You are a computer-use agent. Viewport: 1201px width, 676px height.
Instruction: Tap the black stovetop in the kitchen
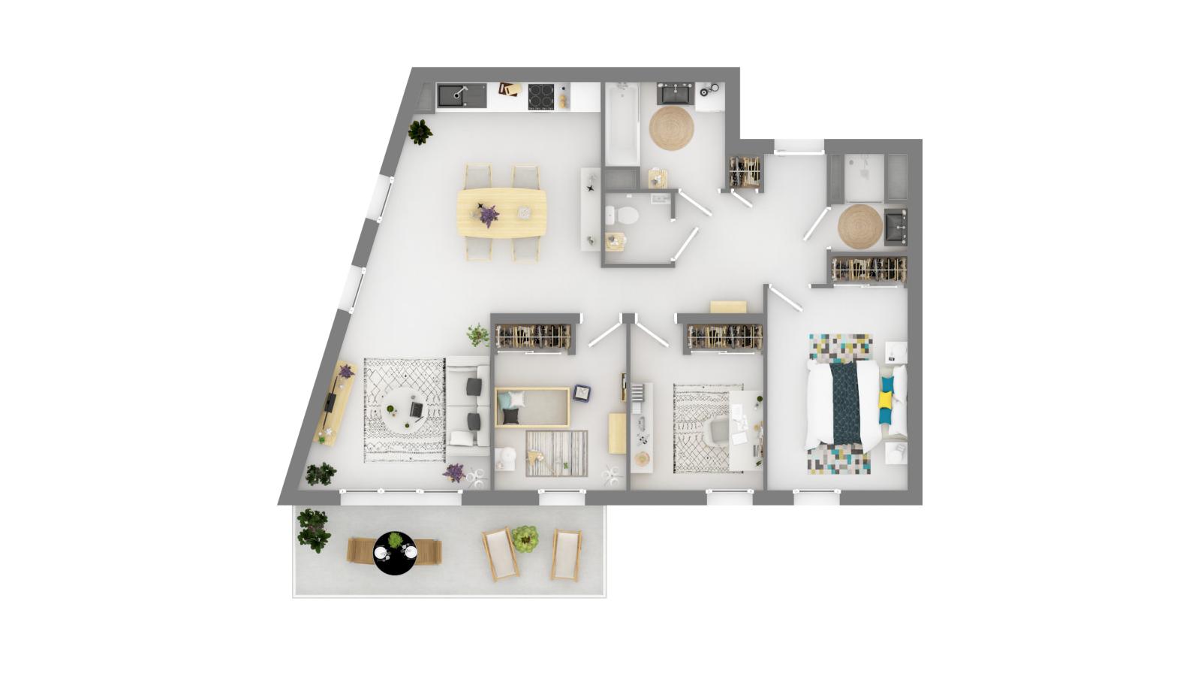tap(541, 95)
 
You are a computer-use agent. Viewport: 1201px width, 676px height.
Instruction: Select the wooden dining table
tap(502, 213)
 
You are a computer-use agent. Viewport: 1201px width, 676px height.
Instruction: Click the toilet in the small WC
tap(623, 216)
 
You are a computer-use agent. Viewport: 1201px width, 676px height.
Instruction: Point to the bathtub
tap(622, 124)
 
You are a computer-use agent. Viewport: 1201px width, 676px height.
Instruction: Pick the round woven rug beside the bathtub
tap(671, 128)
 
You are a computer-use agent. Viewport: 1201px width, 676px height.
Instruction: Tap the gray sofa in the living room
tap(468, 406)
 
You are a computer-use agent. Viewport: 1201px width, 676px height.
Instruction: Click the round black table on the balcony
tap(394, 553)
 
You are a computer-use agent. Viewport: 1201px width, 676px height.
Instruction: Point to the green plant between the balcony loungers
tap(525, 539)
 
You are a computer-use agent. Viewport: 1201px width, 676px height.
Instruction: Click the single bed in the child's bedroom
tap(532, 407)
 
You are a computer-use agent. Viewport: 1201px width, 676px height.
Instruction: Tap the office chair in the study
tap(718, 430)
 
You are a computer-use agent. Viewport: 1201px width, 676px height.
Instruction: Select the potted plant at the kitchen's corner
tap(420, 131)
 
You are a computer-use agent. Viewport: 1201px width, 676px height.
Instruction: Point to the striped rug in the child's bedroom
tap(557, 453)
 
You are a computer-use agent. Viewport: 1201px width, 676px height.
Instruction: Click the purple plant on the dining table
tap(489, 216)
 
